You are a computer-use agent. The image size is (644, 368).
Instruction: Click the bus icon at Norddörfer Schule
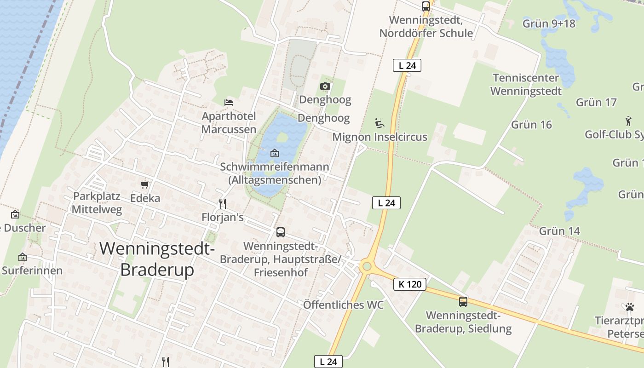426,6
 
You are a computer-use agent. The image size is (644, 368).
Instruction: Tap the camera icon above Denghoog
325,86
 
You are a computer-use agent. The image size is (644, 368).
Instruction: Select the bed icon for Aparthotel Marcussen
229,102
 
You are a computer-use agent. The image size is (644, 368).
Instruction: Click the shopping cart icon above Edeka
145,184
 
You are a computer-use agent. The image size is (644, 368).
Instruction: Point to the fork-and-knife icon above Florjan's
223,203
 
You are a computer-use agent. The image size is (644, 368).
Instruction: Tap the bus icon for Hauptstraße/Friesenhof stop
281,232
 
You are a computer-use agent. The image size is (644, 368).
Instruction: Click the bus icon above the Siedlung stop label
463,302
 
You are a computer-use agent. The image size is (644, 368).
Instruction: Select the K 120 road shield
410,284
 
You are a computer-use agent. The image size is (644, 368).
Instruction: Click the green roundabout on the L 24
367,266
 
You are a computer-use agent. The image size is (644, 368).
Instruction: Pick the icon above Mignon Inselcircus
379,123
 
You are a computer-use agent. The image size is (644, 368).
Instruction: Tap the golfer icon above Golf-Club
628,121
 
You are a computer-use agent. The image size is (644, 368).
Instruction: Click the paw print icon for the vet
629,306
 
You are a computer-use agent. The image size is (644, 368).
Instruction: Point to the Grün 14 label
559,231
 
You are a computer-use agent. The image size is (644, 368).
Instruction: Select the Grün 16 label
531,125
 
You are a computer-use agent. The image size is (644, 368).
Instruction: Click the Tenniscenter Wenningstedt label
526,84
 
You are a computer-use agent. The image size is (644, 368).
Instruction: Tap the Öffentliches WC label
343,305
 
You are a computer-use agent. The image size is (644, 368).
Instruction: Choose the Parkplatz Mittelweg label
98,203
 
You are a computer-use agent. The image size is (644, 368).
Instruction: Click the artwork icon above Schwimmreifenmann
275,153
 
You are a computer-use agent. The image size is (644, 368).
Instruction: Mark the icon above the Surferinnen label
22,257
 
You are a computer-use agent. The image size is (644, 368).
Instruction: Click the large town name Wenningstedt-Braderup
157,259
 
